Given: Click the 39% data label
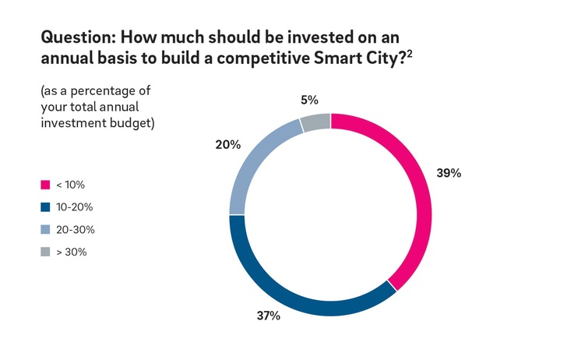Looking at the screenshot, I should pos(449,174).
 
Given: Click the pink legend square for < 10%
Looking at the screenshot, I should pos(44,185).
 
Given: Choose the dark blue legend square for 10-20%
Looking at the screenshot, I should pos(44,208).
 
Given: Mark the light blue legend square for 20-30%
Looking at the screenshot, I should pos(44,230).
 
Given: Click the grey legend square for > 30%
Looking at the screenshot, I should pos(44,252).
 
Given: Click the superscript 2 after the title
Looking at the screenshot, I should pos(410,53).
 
